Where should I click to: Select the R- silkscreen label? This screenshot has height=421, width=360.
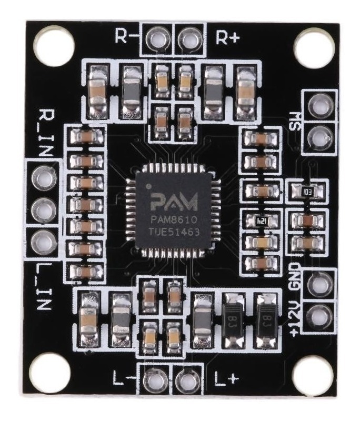coord(127,36)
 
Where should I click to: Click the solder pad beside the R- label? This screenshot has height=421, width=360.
coord(156,37)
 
